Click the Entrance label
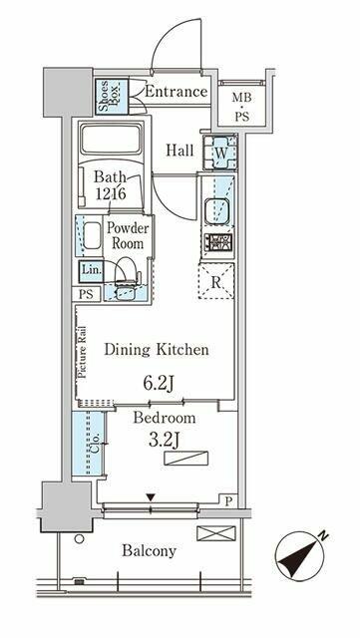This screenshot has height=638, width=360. pyautogui.click(x=176, y=91)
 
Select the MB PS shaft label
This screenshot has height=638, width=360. pyautogui.click(x=241, y=107)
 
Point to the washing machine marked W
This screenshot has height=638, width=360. pyautogui.click(x=220, y=153)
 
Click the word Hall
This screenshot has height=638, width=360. pyautogui.click(x=180, y=151)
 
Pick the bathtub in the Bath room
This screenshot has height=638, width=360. pyautogui.click(x=112, y=140)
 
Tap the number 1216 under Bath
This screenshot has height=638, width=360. pyautogui.click(x=110, y=192)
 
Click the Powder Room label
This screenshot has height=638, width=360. pyautogui.click(x=128, y=235)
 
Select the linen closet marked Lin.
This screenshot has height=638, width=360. pyautogui.click(x=91, y=271)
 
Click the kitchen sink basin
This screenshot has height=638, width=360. pyautogui.click(x=217, y=210)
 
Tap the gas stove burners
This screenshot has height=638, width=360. pyautogui.click(x=218, y=243)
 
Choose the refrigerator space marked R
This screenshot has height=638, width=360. pyautogui.click(x=216, y=281)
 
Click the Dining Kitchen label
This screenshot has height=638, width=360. pyautogui.click(x=157, y=350)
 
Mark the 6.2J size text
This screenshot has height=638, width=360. pyautogui.click(x=159, y=383)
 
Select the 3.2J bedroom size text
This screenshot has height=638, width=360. pyautogui.click(x=165, y=440)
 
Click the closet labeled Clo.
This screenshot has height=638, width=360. pyautogui.click(x=89, y=443)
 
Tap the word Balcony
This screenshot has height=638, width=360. pyautogui.click(x=149, y=551)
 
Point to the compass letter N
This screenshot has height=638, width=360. pyautogui.click(x=324, y=536)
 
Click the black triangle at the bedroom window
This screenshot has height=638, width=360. pyautogui.click(x=152, y=497)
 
